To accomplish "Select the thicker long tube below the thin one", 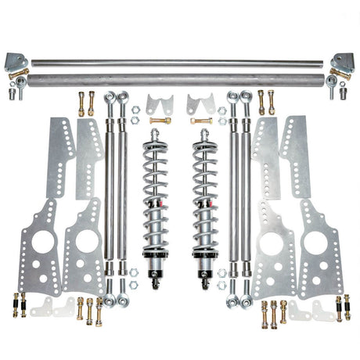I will click(x=180, y=78).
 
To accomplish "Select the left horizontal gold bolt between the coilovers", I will click(x=158, y=121).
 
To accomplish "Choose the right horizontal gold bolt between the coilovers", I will click(x=202, y=121).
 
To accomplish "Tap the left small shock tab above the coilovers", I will click(x=157, y=104).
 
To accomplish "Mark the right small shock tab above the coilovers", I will click(x=200, y=104).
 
